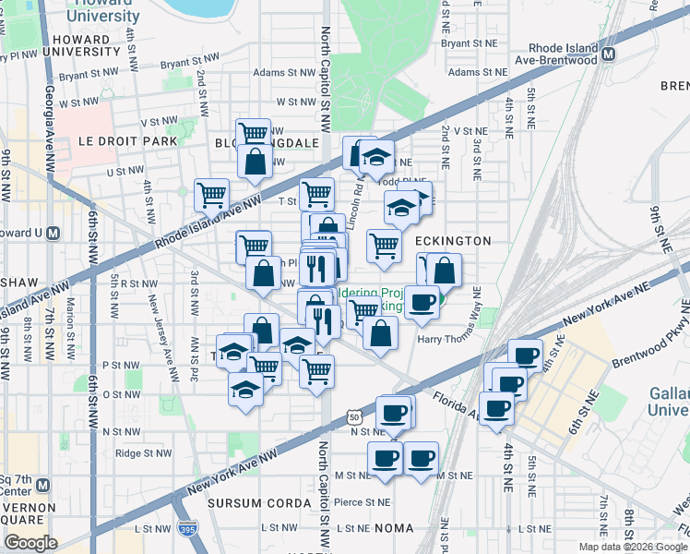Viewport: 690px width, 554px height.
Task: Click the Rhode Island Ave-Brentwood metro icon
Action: point(608,54)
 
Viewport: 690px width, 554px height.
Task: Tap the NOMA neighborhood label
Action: point(399,529)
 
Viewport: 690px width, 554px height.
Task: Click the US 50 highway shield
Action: point(355,417)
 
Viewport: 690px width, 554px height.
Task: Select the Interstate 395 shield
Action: point(186,529)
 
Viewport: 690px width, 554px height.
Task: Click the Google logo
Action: point(30,543)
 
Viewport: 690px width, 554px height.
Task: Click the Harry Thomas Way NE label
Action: point(451,339)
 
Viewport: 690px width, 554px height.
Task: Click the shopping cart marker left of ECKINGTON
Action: point(384,246)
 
